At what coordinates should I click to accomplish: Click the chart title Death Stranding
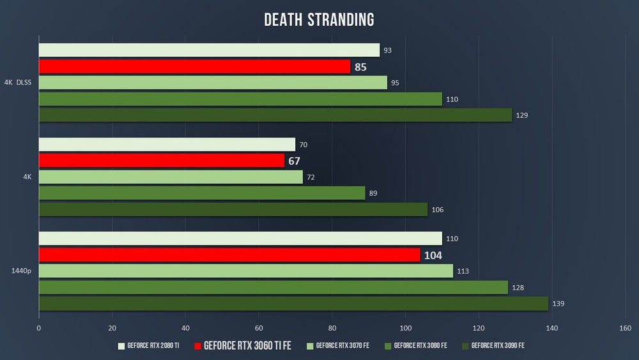pyautogui.click(x=319, y=20)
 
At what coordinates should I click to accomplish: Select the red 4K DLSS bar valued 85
pyautogui.click(x=194, y=67)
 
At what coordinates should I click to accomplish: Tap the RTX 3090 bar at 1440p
pyautogui.click(x=293, y=304)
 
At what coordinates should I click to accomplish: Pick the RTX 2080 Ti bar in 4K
pyautogui.click(x=167, y=145)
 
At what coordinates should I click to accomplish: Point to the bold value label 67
pyautogui.click(x=294, y=161)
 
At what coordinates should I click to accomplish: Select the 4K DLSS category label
pyautogui.click(x=17, y=82)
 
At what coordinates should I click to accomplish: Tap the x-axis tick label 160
pyautogui.click(x=625, y=329)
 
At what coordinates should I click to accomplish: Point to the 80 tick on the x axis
pyautogui.click(x=332, y=329)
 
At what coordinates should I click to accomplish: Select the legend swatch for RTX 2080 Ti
pyautogui.click(x=121, y=346)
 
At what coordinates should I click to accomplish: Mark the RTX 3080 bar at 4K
pyautogui.click(x=202, y=193)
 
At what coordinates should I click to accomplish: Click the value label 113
pyautogui.click(x=463, y=272)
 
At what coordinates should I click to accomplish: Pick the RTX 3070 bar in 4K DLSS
pyautogui.click(x=213, y=82)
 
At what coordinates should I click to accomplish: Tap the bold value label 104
pyautogui.click(x=433, y=256)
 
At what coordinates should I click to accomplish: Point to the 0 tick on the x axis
pyautogui.click(x=39, y=329)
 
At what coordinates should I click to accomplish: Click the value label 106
pyautogui.click(x=437, y=210)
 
